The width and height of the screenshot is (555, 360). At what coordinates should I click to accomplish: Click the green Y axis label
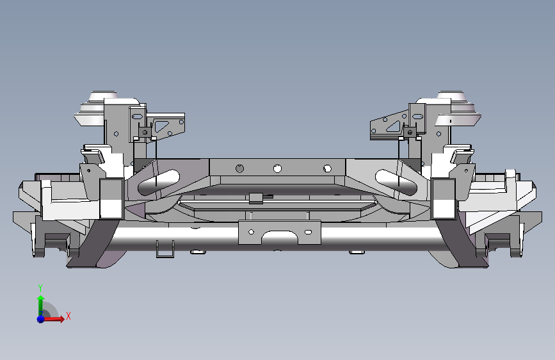point(40,288)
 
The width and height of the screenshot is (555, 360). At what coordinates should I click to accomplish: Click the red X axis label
point(68,316)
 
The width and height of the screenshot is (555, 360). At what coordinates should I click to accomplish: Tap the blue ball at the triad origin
point(41,319)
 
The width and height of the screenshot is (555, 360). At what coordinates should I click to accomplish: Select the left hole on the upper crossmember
point(239,168)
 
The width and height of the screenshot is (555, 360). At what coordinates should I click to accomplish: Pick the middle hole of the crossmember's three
point(278,168)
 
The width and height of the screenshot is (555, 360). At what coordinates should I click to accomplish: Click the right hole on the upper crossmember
point(327,168)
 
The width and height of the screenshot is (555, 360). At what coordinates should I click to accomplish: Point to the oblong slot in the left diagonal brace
point(159,182)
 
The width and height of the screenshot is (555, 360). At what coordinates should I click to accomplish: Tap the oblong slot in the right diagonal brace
point(396,182)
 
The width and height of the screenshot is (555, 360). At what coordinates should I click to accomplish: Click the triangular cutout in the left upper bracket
point(161,126)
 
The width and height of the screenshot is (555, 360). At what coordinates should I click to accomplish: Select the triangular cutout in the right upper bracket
point(394,126)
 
